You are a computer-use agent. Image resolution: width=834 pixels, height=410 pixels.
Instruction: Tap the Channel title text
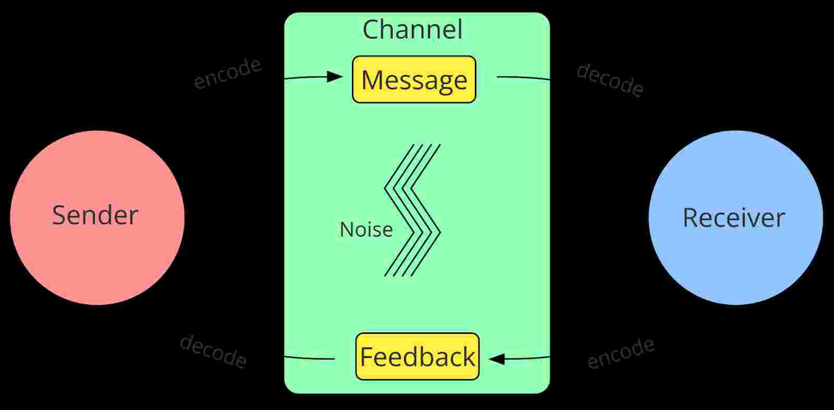412,30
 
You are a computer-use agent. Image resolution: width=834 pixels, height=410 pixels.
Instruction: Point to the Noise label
366,230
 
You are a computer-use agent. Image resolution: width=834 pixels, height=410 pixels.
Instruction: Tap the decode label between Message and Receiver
609,80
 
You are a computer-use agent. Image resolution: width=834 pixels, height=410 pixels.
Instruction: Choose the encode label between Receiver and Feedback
620,353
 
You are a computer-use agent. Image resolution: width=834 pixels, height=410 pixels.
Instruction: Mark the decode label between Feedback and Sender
213,351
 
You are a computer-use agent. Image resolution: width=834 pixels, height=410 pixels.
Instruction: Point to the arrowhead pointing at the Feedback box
497,359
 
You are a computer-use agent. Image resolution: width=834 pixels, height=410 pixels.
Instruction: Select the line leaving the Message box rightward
523,78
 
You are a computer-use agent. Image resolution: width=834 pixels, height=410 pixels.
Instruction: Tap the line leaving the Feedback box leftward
309,358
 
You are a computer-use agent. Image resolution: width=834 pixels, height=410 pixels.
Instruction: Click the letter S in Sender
59,215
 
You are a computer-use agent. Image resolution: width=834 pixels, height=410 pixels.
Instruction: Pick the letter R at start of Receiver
690,218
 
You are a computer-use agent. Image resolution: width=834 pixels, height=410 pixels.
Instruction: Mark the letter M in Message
371,80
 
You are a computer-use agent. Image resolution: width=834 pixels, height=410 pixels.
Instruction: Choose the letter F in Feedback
366,357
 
